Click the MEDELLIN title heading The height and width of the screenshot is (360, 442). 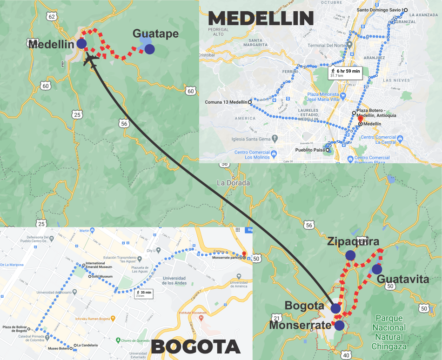point(261,18)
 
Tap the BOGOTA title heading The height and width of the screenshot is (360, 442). point(195,347)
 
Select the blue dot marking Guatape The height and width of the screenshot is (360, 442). point(149,49)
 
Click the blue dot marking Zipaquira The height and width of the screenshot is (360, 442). point(350,255)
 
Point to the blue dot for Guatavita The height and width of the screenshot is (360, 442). point(376,269)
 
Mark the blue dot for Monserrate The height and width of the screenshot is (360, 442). point(339,326)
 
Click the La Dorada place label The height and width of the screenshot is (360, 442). point(233,183)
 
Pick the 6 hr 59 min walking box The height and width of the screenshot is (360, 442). point(345,73)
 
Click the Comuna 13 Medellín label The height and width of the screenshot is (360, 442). point(227,102)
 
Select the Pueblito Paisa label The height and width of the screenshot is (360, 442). point(311,150)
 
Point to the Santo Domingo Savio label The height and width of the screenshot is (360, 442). point(380,10)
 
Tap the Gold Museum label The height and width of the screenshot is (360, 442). point(102,277)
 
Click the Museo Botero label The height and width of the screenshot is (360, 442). point(58,348)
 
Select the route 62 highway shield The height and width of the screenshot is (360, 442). point(51,17)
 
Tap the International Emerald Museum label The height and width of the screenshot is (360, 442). point(99,266)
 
